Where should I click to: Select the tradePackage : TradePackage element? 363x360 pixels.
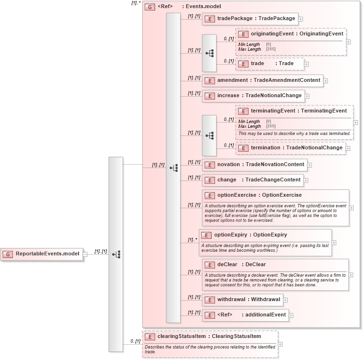click(x=249, y=19)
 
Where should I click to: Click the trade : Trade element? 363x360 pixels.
click(x=272, y=63)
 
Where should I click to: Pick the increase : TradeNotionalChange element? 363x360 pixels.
click(x=259, y=96)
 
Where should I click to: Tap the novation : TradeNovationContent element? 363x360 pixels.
click(x=261, y=165)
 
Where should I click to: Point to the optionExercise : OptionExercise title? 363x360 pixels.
click(x=259, y=195)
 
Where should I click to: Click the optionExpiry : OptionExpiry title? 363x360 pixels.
click(x=250, y=235)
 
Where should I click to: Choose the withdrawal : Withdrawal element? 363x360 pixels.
click(x=249, y=300)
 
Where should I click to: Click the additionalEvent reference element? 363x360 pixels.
click(x=251, y=315)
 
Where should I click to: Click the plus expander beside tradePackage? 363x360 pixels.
click(x=301, y=19)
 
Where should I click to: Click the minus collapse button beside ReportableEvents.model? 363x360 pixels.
click(x=85, y=254)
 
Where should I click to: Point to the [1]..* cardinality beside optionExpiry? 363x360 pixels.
click(x=193, y=240)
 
